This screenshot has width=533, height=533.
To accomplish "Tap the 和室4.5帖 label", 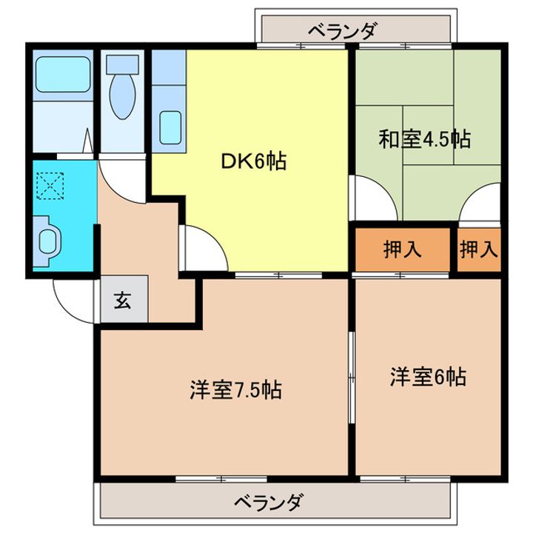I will tap(426, 138).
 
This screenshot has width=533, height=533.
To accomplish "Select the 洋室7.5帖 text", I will tap(235, 390).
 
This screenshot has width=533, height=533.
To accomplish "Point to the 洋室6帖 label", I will tap(428, 377).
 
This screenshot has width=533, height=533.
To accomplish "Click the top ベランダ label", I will tap(343, 32).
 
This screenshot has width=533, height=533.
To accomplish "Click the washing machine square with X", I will tap(50, 184).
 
